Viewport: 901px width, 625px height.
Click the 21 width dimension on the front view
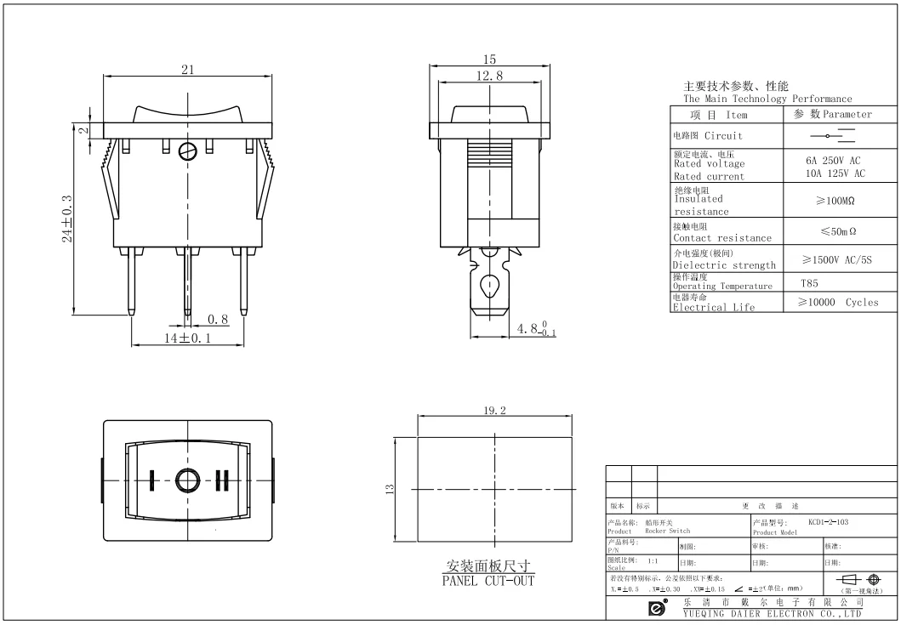186,71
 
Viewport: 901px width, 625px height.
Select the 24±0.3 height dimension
67,219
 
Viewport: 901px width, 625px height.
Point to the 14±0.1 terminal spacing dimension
187,338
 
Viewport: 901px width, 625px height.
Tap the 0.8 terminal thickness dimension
218,320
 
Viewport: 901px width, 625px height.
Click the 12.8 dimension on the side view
488,76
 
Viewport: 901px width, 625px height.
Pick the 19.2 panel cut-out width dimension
494,411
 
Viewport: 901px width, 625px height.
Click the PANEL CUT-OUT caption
488,581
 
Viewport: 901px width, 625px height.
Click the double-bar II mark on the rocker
223,480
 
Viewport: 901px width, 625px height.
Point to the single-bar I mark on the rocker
152,480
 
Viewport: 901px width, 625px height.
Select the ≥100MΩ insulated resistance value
835,201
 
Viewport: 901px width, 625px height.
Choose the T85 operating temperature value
809,284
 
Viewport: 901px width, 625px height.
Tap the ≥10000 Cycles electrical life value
837,302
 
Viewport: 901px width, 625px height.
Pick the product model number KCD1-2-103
828,520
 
